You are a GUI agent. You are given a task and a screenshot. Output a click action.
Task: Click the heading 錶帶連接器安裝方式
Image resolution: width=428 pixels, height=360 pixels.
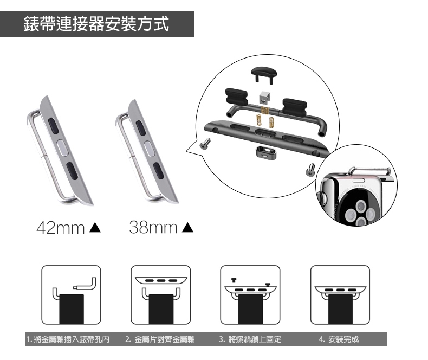click(96, 24)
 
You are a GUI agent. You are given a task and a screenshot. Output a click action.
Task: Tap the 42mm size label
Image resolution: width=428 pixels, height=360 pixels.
click(61, 228)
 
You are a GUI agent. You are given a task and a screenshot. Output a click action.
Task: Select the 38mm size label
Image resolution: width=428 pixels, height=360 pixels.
click(153, 227)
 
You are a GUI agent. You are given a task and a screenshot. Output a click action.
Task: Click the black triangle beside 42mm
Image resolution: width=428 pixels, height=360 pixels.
click(95, 228)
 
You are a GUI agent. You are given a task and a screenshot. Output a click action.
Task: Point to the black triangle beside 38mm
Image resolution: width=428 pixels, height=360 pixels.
click(187, 227)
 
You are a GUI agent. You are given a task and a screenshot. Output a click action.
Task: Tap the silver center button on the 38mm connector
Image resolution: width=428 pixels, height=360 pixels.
click(150, 149)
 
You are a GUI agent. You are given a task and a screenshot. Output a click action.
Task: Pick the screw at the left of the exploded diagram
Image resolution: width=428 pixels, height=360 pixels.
click(205, 144)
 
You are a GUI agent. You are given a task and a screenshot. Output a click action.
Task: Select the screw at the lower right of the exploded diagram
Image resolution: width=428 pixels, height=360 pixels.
click(310, 170)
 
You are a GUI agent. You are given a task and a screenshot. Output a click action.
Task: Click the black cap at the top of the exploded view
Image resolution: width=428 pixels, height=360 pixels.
click(264, 74)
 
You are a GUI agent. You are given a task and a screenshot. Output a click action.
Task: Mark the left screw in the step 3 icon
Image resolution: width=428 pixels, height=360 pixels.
click(234, 280)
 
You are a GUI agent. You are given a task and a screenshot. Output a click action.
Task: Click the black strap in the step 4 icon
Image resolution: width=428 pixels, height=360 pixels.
click(340, 309)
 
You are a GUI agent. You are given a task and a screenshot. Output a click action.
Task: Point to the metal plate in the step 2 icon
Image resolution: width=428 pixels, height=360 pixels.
click(161, 280)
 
